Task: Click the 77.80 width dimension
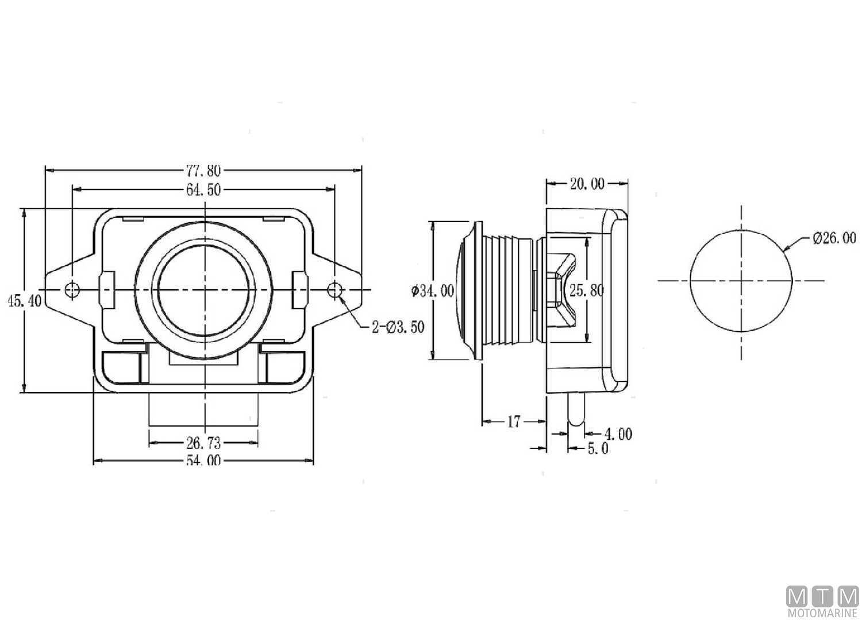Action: point(203,170)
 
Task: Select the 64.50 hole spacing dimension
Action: point(203,189)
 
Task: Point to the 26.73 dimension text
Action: point(203,443)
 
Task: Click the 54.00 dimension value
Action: point(203,461)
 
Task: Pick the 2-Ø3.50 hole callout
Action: point(398,327)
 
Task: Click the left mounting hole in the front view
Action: point(72,290)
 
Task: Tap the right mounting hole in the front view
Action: point(335,290)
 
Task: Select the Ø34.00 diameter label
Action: point(432,291)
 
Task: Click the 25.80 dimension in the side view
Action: point(587,290)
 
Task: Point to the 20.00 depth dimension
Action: point(587,184)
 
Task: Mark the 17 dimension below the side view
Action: point(513,422)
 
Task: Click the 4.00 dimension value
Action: point(617,434)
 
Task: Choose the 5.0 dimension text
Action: point(597,448)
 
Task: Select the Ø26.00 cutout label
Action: point(834,238)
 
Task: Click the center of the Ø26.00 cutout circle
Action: point(741,281)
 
